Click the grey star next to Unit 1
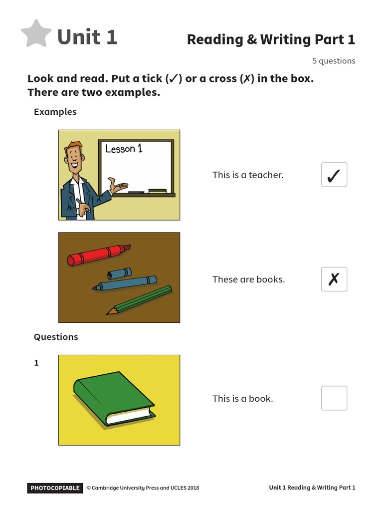pos(36,34)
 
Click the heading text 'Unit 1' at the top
pos(87,37)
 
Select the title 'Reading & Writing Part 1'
pos(271,39)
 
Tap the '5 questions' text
pos(334,61)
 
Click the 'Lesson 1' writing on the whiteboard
pos(124,149)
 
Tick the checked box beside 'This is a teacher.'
pos(334,175)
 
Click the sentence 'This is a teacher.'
pos(248,175)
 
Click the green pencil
pos(139,300)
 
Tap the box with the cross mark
pos(334,279)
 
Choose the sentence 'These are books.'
pos(248,279)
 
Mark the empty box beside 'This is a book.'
pos(334,398)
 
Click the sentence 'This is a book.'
pos(242,399)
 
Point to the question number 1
pos(36,363)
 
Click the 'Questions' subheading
pos(56,337)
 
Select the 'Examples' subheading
pos(55,112)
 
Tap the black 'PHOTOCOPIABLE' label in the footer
pos(55,488)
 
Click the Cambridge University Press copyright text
pos(143,488)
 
